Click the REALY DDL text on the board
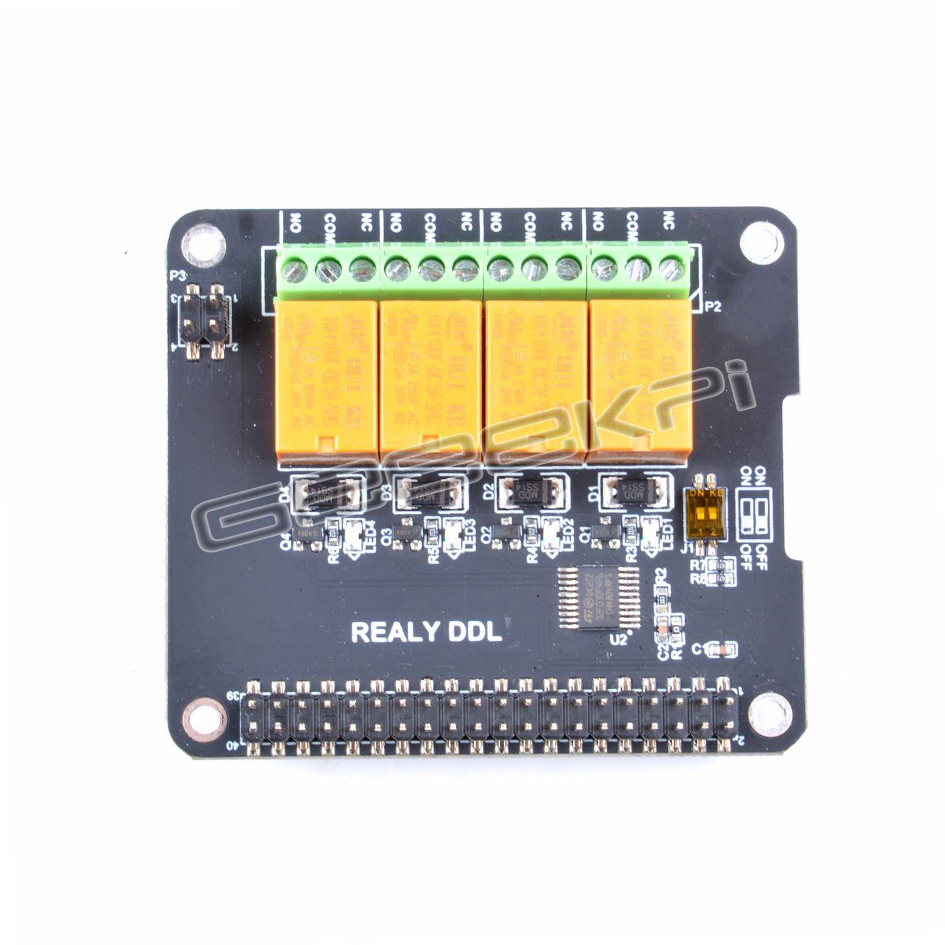pos(426,633)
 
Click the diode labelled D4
pos(326,491)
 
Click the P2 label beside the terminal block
pos(712,307)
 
